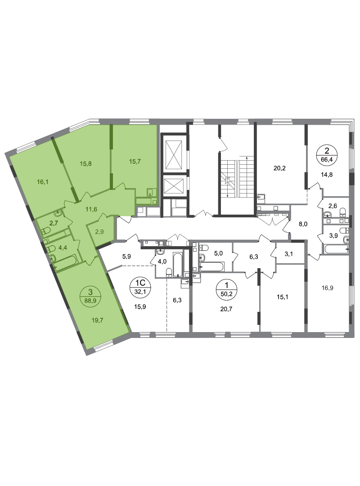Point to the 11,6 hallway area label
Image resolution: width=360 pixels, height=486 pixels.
(93, 209)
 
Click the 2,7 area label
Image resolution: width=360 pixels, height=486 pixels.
(53, 222)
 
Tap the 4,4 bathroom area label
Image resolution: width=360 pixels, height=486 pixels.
(62, 247)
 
